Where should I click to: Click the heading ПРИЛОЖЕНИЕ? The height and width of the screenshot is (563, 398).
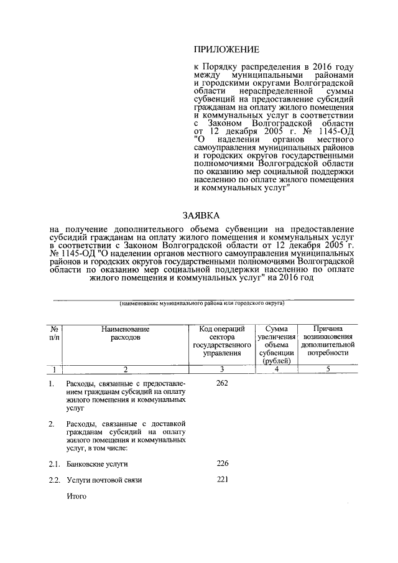226,49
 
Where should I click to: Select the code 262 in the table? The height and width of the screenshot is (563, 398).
223,383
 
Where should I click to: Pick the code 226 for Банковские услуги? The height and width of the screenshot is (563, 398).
223,463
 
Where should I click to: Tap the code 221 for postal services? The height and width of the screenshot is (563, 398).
223,480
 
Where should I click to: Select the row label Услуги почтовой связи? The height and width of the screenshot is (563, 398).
104,480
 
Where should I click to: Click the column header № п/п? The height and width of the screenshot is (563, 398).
55,333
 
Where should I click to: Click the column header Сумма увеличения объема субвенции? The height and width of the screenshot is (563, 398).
274,344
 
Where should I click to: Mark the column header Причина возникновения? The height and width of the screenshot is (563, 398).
327,340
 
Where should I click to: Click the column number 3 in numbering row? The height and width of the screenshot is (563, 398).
223,370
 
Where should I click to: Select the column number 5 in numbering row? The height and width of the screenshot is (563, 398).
327,370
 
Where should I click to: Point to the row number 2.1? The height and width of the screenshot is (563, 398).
55,464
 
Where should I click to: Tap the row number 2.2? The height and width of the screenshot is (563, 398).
55,480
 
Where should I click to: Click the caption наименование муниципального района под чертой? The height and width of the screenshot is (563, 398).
202,303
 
